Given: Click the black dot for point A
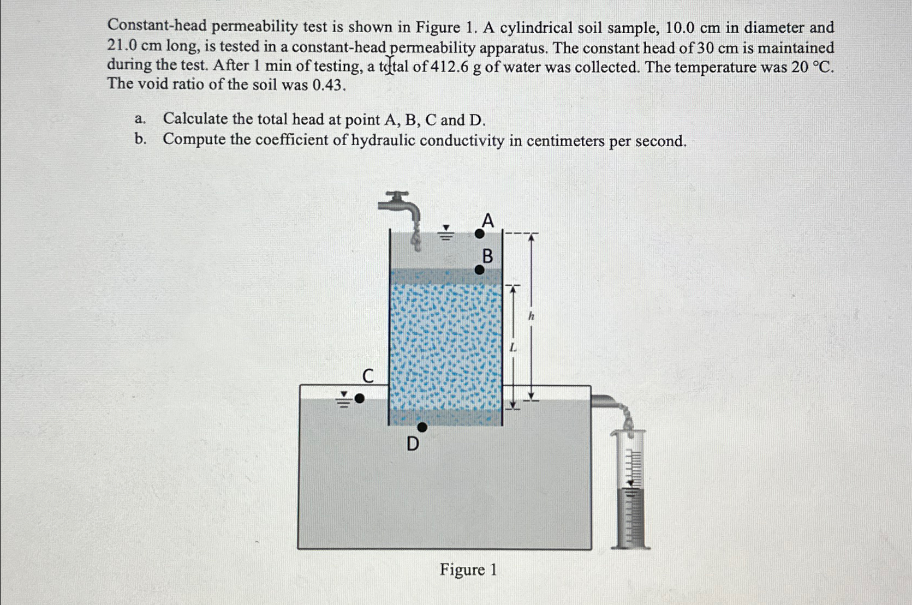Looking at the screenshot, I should (479, 234).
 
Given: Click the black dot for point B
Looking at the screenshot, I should (479, 269).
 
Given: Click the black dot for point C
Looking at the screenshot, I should (359, 399).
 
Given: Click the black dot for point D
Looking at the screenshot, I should (422, 427).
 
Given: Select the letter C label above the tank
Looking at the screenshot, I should (368, 376).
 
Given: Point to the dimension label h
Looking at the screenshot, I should (532, 316).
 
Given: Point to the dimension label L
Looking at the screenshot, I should (512, 347).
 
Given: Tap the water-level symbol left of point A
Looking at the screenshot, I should (446, 233).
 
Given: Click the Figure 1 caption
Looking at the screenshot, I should (468, 570).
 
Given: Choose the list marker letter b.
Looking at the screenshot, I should (140, 140).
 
